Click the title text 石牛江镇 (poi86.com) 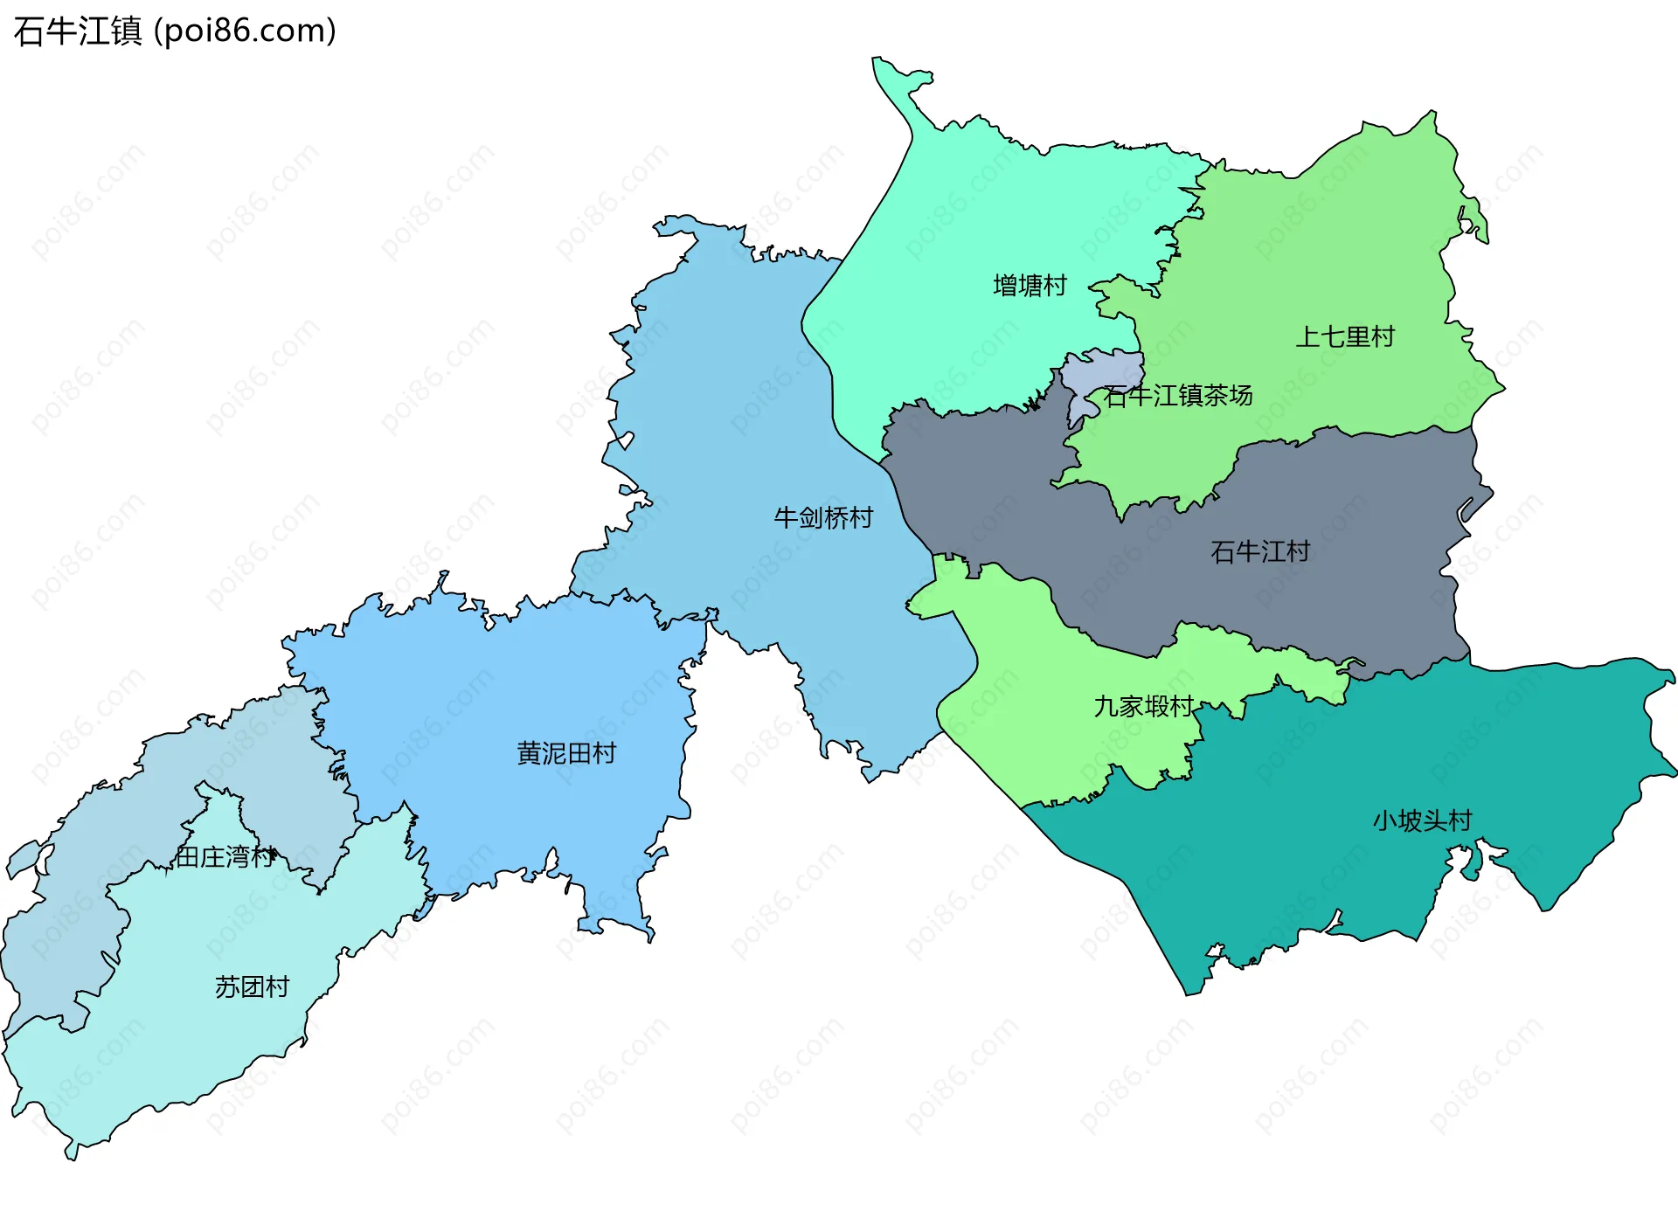click(x=175, y=31)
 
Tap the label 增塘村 click(x=1030, y=286)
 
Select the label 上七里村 click(x=1344, y=336)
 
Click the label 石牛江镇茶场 click(x=1178, y=396)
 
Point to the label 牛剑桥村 click(x=823, y=518)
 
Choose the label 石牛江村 click(x=1259, y=551)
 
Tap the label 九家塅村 click(x=1143, y=706)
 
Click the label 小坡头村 click(x=1422, y=820)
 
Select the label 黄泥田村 click(x=566, y=753)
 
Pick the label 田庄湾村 click(x=225, y=857)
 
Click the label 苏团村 click(x=252, y=987)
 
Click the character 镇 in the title click(x=126, y=31)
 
